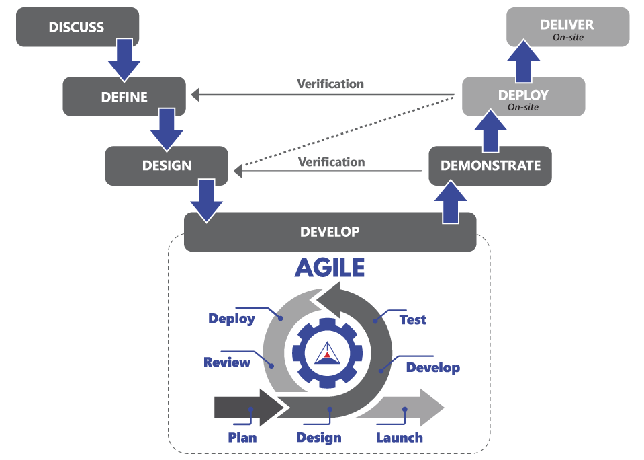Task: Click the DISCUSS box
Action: [77, 28]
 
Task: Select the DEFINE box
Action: [124, 97]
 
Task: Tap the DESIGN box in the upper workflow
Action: [167, 165]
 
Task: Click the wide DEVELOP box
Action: [330, 232]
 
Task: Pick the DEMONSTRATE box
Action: [490, 165]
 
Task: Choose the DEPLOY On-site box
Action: [523, 97]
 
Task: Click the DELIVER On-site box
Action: [567, 28]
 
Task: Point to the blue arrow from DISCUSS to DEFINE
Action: [124, 59]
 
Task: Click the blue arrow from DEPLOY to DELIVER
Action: [523, 61]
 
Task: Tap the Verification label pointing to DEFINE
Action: [330, 84]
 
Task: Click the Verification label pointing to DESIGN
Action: [331, 162]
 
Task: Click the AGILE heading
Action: [330, 268]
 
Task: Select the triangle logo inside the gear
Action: [328, 353]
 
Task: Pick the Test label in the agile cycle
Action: [412, 320]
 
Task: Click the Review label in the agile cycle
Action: [227, 362]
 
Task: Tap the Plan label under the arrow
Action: [242, 438]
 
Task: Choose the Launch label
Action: [400, 438]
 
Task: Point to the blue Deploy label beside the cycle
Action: [232, 319]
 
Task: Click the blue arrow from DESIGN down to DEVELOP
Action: [207, 199]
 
